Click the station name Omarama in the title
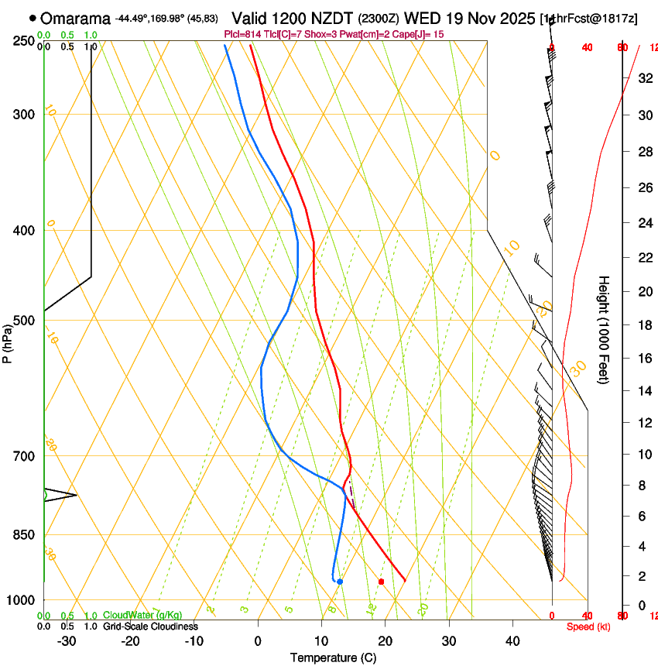click(x=75, y=18)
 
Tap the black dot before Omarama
click(x=33, y=18)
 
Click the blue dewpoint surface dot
click(x=340, y=582)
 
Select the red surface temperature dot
click(x=381, y=582)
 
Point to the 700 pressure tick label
click(x=24, y=456)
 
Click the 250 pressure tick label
click(x=24, y=41)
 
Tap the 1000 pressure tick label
click(x=22, y=600)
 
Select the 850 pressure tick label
click(x=24, y=535)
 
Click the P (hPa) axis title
click(x=8, y=342)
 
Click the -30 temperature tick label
click(x=67, y=641)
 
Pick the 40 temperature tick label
click(x=512, y=641)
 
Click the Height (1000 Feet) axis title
click(x=604, y=329)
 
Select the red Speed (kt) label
click(x=588, y=627)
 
